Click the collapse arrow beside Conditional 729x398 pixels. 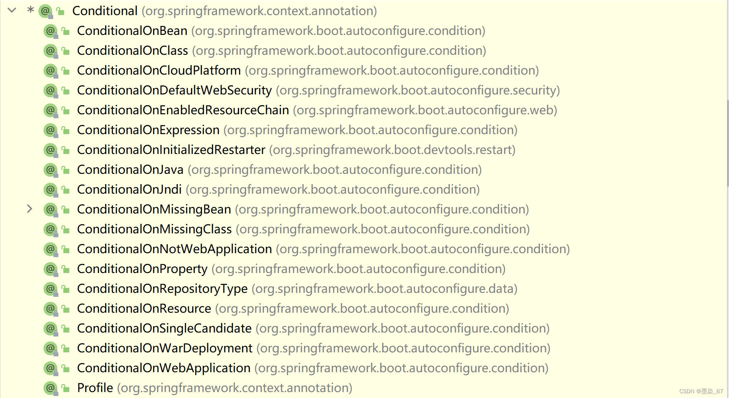12,10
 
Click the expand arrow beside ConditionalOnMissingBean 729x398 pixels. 29,209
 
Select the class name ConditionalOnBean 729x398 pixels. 132,31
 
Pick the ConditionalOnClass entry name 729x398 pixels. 132,50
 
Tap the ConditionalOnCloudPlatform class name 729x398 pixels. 159,70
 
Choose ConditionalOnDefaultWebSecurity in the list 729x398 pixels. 174,90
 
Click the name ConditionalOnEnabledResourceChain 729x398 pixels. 183,110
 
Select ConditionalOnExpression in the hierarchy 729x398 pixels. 148,130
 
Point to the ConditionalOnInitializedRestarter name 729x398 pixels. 171,150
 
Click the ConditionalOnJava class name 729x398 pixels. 130,169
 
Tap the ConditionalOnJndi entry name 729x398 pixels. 129,189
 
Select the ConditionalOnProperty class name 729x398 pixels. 142,269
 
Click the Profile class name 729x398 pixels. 95,388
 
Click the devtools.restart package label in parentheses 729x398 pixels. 392,150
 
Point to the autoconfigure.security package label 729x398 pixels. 418,90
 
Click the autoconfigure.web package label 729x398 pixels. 425,110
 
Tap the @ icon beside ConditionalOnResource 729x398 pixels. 50,308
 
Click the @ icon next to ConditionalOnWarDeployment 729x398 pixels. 50,348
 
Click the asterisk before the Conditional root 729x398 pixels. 31,10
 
